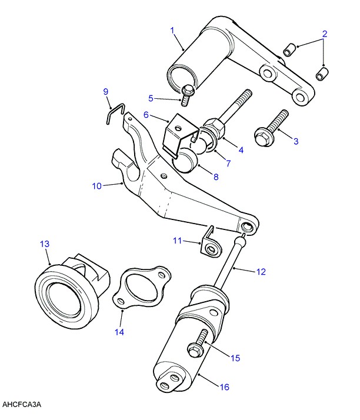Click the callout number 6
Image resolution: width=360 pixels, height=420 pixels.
click(x=146, y=115)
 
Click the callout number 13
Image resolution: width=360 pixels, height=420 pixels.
click(x=44, y=244)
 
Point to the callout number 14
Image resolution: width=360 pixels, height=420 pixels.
click(x=119, y=332)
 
